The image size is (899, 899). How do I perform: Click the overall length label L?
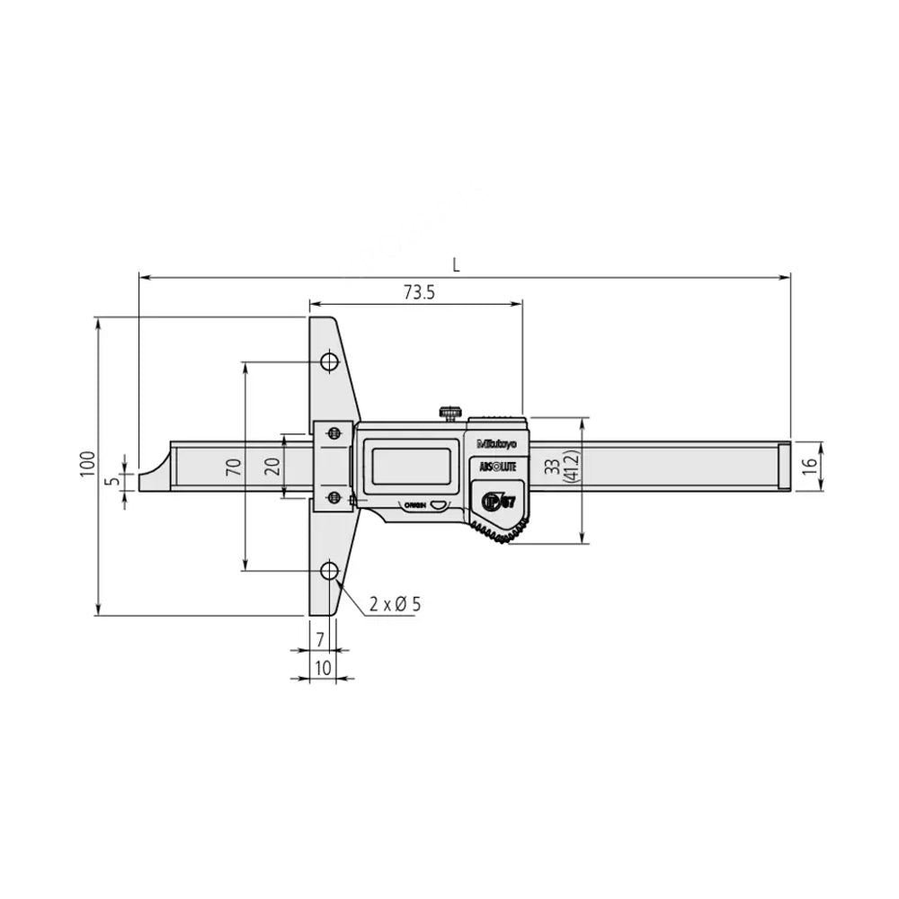pyautogui.click(x=457, y=264)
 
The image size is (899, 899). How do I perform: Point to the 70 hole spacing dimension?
pyautogui.click(x=232, y=466)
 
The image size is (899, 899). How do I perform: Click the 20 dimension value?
pyautogui.click(x=273, y=466)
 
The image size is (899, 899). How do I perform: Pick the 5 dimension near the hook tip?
pyautogui.click(x=112, y=481)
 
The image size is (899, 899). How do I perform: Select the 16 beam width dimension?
pyautogui.click(x=807, y=467)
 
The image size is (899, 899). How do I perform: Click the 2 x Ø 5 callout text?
pyautogui.click(x=394, y=603)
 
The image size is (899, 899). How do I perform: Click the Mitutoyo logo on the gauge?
pyautogui.click(x=495, y=442)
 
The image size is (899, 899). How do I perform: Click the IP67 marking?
pyautogui.click(x=497, y=502)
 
